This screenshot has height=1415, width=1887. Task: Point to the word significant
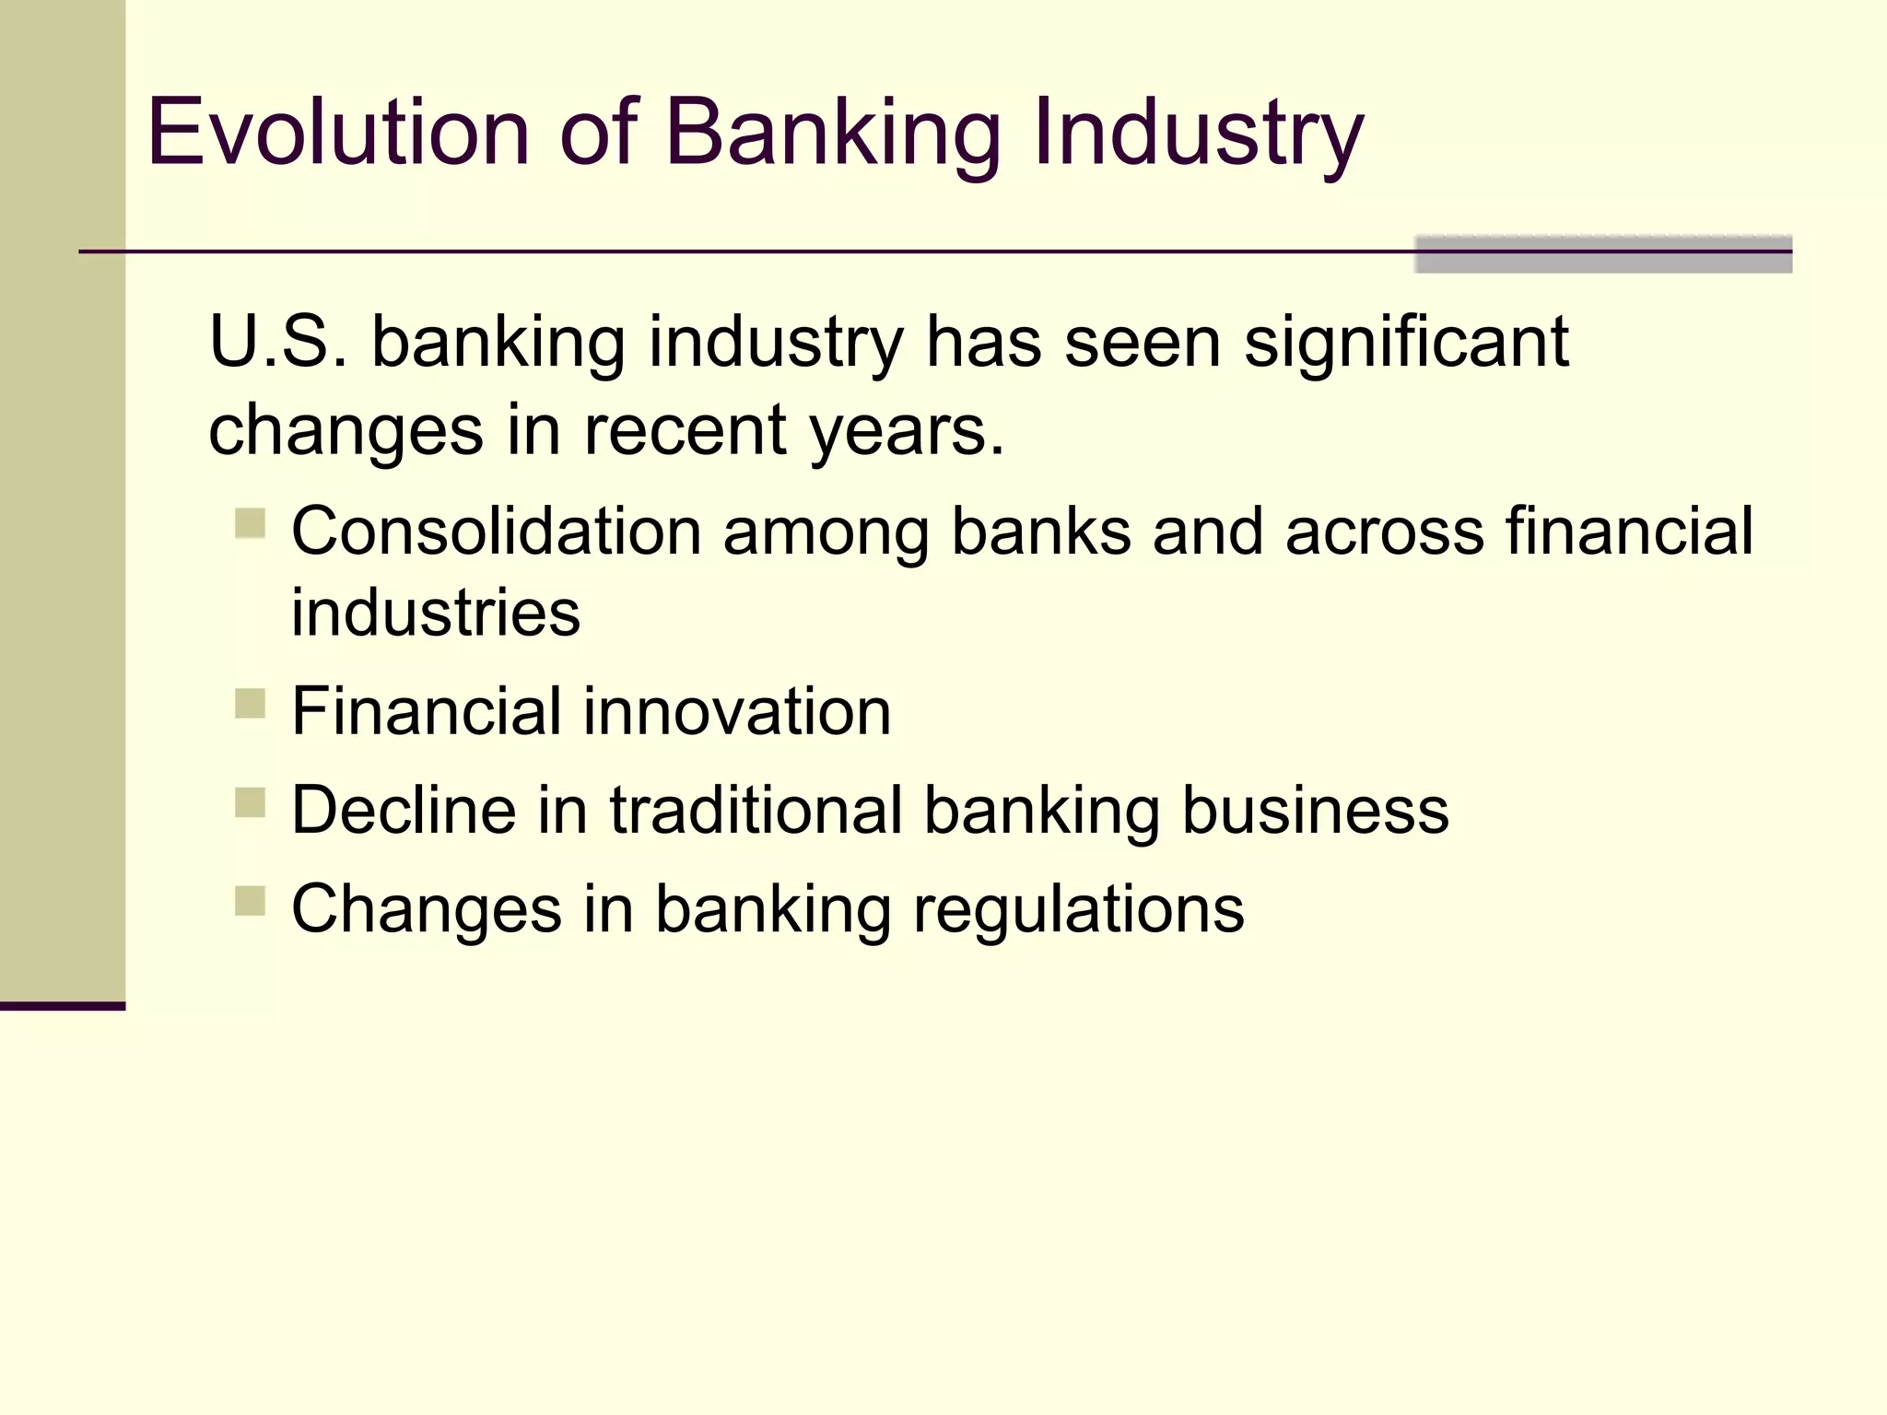(1406, 342)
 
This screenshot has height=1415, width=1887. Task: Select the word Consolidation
(497, 532)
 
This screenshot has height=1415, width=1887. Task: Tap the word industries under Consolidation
(436, 613)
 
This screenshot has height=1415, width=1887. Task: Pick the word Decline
(404, 811)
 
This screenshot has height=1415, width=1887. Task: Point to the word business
(1315, 811)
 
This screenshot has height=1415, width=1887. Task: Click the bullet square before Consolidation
(250, 523)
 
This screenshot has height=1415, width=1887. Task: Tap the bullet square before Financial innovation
(250, 704)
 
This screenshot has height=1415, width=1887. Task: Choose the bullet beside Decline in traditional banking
(250, 802)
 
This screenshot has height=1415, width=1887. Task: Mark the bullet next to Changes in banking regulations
(250, 901)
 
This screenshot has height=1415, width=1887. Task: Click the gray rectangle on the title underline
(1602, 255)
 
